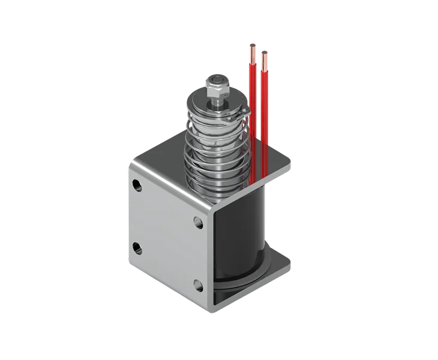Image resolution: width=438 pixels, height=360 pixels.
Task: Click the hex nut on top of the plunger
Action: point(217,84)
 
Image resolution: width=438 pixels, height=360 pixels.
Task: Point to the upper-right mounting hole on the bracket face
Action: point(199,221)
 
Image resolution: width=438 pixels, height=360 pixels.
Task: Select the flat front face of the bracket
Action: point(168,240)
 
